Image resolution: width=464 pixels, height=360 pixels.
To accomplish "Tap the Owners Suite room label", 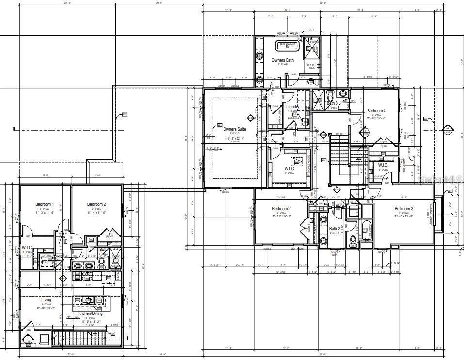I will tap(235, 129).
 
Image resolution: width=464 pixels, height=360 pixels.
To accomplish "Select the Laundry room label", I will tap(292, 107).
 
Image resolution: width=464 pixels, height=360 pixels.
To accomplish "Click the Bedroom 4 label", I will tap(376, 110).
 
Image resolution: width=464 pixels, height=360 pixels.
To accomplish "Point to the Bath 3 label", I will tap(332, 103).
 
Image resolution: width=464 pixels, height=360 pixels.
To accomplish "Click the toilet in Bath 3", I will tap(330, 93).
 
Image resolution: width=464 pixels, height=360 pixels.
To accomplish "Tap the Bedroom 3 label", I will tap(404, 208).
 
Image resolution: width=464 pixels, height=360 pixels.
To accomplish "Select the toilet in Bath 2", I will tap(353, 241).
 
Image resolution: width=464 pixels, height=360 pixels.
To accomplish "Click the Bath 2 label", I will tap(334, 229).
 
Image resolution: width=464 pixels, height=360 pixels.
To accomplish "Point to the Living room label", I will tap(46, 300).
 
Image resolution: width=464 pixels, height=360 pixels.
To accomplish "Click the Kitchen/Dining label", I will tap(91, 313).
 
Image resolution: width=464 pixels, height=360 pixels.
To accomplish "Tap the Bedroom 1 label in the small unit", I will tap(45, 204).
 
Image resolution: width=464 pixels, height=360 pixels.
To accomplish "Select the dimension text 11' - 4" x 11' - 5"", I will tap(96, 213).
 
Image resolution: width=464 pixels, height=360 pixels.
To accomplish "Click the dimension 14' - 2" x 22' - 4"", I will tap(235, 139).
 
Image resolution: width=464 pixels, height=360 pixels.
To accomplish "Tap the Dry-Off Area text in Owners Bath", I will tap(311, 67).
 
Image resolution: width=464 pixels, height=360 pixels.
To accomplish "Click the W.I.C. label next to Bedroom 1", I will tap(27, 248).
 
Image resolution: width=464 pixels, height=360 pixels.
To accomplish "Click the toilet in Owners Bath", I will tap(317, 80).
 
